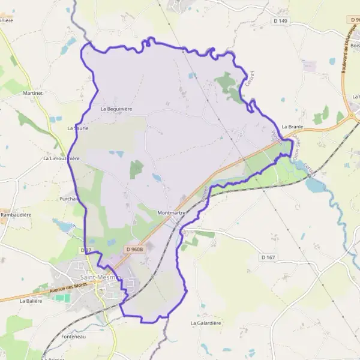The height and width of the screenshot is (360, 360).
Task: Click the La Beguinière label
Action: [x=116, y=109]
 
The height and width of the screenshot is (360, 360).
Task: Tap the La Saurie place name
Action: [x=78, y=128]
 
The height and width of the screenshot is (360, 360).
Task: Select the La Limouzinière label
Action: [x=61, y=159]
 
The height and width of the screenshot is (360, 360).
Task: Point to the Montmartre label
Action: [x=171, y=212]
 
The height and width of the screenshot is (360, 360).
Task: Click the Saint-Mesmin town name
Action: [x=100, y=277]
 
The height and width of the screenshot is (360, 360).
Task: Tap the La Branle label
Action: [x=293, y=127]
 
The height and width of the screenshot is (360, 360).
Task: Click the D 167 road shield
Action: [x=268, y=257]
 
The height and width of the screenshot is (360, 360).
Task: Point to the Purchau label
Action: [x=68, y=199]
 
